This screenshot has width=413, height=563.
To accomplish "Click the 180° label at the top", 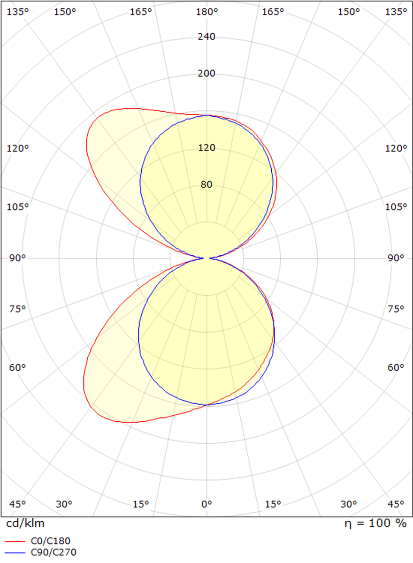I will (206, 12).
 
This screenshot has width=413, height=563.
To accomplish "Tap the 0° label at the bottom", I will (206, 504).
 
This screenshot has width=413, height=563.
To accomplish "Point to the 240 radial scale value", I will (206, 37).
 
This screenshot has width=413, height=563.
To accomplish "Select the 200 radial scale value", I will (206, 73).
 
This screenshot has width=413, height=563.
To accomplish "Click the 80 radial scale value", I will (206, 184).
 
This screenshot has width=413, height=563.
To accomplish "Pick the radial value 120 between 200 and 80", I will (206, 148).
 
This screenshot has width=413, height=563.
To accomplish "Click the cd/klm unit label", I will (25, 524).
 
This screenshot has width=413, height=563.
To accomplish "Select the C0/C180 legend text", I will (51, 542).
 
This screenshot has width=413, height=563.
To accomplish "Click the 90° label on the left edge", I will (17, 258).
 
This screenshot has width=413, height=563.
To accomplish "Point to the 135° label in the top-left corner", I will (17, 12).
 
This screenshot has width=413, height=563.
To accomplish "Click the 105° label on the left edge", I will (17, 207).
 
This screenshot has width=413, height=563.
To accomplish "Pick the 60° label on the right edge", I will (396, 367).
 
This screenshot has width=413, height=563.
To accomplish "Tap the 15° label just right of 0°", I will (273, 504).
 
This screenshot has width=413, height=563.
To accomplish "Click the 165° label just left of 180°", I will (140, 12).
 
